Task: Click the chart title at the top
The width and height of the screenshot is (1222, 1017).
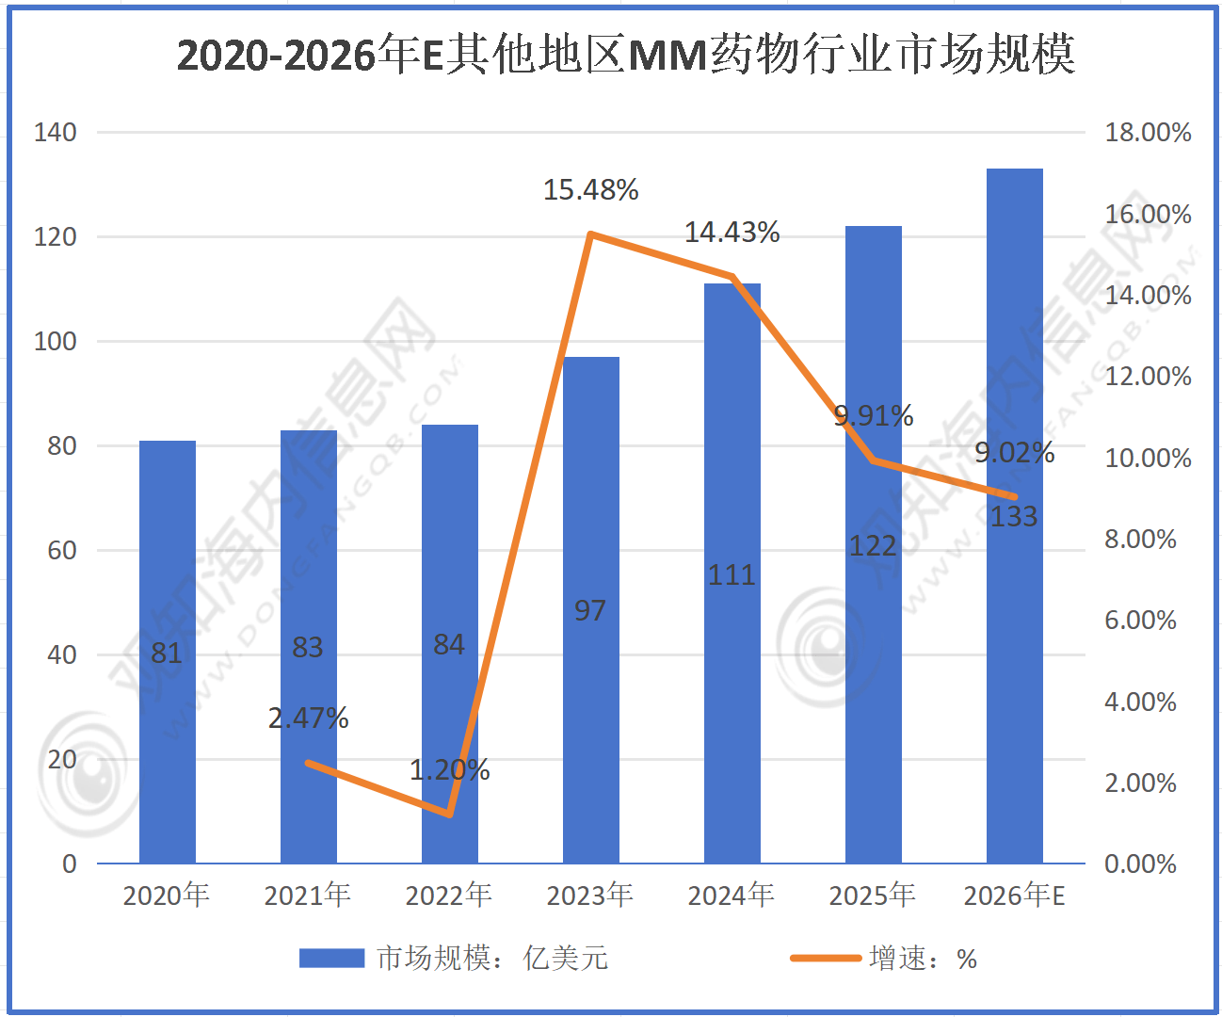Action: (x=626, y=55)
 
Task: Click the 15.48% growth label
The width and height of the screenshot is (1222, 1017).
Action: (x=590, y=190)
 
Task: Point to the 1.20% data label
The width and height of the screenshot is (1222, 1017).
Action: (x=449, y=770)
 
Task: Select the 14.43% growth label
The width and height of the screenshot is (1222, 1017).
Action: (x=732, y=233)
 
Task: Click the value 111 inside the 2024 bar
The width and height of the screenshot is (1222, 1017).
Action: (x=732, y=575)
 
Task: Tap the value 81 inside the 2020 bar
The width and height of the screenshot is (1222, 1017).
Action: (x=167, y=653)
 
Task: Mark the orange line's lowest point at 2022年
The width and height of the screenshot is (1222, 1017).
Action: (x=450, y=814)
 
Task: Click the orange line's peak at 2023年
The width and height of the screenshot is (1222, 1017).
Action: (x=590, y=234)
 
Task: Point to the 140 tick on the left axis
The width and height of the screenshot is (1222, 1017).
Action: (x=56, y=133)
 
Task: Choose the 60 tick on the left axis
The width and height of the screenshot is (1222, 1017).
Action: (x=62, y=550)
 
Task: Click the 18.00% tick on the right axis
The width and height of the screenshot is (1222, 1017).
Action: (x=1148, y=133)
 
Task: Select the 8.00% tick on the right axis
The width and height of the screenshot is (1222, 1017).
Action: (x=1140, y=540)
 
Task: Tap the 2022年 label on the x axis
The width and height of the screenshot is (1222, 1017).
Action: (x=449, y=895)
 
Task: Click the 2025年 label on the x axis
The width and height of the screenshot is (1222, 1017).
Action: (x=873, y=895)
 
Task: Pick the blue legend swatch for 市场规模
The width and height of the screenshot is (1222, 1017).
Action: (x=331, y=958)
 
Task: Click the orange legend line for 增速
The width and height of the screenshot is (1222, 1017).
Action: (x=826, y=958)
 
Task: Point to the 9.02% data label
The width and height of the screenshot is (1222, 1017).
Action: (x=1014, y=453)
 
